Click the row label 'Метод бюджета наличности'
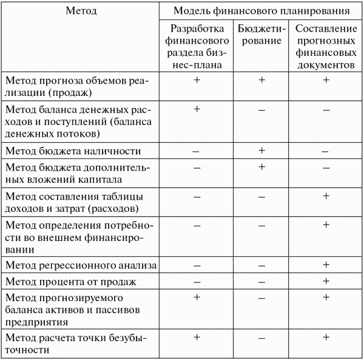tap(73, 151)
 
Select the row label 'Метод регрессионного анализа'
tap(81, 265)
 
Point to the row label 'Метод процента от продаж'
tap(70, 282)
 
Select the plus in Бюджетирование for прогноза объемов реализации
tap(261, 80)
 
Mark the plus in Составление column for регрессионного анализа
tap(326, 265)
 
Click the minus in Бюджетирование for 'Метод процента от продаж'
tap(261, 282)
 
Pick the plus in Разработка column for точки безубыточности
tap(196, 337)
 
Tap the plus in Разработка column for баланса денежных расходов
tap(196, 109)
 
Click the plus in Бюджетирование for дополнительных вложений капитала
tap(261, 166)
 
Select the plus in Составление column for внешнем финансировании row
tap(326, 225)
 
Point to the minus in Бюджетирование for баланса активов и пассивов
tap(261, 298)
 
